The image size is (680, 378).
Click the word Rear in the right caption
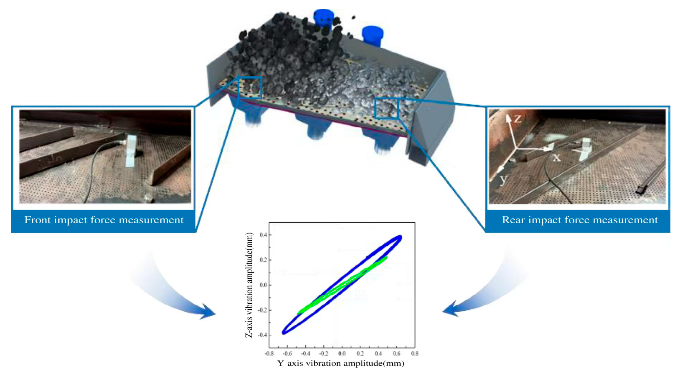(512, 220)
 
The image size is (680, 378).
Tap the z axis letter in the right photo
(518, 119)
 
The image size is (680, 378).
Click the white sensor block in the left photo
(131, 150)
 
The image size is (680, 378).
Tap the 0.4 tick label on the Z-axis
(263, 235)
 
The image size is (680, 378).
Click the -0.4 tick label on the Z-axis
(262, 335)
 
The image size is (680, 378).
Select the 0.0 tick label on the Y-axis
(342, 354)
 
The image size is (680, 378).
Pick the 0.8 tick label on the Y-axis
(414, 354)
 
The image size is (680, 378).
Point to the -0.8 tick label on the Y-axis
(269, 354)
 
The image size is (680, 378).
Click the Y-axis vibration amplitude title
(341, 364)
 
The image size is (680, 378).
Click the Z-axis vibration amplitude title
(249, 285)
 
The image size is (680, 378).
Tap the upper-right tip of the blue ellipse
(400, 237)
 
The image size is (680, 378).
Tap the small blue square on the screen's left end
(250, 87)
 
